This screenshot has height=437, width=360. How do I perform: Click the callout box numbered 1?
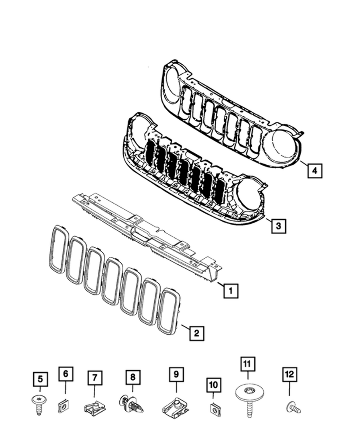231,290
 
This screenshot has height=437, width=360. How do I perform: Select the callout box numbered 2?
196,333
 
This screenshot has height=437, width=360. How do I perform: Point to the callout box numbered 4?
314,170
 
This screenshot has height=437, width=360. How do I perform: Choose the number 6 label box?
66,374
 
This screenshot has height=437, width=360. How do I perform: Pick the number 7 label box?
94,378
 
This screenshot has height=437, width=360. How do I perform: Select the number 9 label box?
176,375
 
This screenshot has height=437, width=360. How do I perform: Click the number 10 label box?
214,385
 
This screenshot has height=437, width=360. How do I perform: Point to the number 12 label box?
290,375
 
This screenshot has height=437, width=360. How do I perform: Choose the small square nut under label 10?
214,409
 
